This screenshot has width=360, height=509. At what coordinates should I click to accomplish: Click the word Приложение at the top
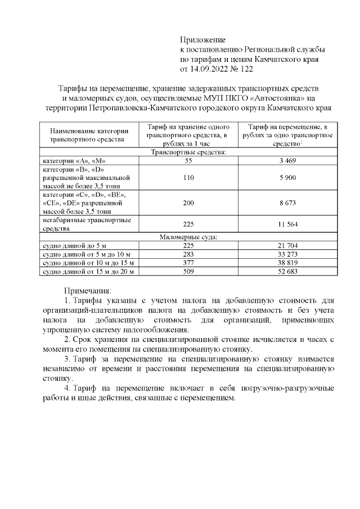point(202,40)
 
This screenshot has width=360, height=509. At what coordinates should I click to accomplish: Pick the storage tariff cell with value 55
point(188,161)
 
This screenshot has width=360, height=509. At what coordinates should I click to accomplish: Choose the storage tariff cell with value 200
point(188,202)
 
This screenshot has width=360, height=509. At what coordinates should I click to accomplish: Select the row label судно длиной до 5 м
point(71,246)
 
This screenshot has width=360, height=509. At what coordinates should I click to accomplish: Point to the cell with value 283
point(188,254)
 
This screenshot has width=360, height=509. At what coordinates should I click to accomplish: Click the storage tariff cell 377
point(188,263)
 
